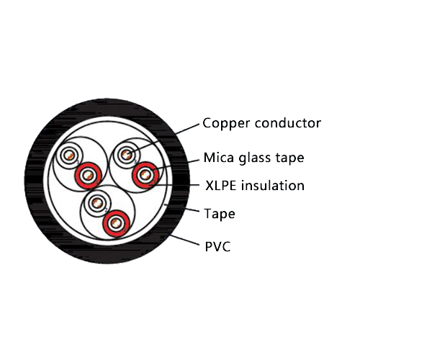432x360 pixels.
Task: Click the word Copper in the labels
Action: (225, 124)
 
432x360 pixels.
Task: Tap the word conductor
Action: (286, 123)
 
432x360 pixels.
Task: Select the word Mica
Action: (219, 158)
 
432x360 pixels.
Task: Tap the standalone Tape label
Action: (219, 215)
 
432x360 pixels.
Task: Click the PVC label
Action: (217, 246)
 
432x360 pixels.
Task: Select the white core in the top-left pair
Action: (71, 156)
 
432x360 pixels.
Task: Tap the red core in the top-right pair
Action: (146, 174)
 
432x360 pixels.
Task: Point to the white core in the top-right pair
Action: (128, 154)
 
